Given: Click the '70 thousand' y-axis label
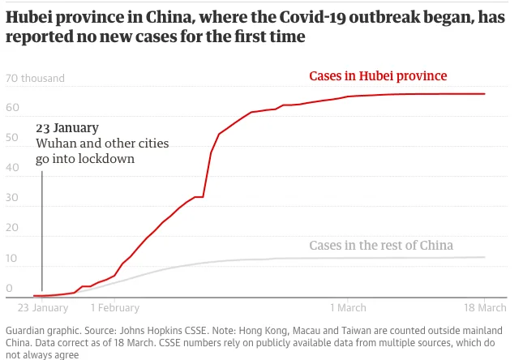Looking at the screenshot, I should click(35, 79).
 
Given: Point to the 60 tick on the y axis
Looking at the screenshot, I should click(12, 109).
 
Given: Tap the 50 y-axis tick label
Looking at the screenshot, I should click(12, 139).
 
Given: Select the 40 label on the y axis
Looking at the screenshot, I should click(12, 169).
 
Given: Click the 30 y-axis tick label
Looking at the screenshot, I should click(12, 199).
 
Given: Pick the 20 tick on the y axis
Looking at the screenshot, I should click(12, 229).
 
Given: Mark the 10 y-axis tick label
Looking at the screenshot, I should click(12, 259).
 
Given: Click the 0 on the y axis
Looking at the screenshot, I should click(9, 288).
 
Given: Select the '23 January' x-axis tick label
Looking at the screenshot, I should click(43, 308).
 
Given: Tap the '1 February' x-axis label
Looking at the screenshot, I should click(114, 308).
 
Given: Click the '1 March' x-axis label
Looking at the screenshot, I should click(348, 308).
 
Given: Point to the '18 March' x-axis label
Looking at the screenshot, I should click(484, 308).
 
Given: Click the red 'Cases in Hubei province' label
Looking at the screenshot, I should click(378, 76).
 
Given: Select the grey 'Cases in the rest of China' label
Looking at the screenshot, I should click(381, 246).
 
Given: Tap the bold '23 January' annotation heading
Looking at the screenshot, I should click(67, 128).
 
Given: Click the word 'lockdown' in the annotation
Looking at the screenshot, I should click(106, 159).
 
